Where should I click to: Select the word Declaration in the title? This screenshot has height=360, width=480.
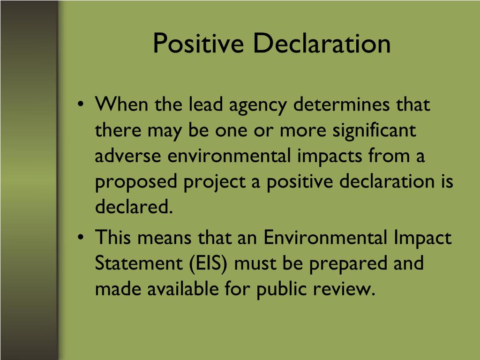click(x=322, y=44)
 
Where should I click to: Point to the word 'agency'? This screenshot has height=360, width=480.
click(x=257, y=106)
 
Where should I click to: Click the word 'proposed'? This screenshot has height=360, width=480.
click(x=136, y=182)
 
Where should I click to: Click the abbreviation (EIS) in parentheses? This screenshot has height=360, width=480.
click(x=208, y=263)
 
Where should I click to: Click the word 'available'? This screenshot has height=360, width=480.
click(x=186, y=289)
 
